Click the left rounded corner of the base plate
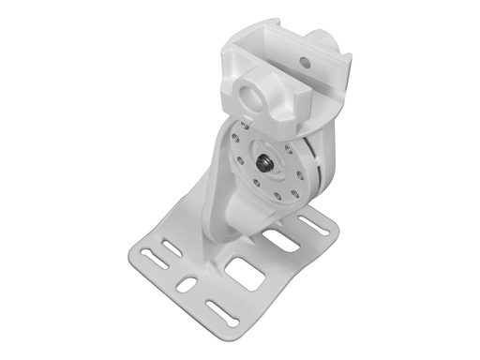127,252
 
